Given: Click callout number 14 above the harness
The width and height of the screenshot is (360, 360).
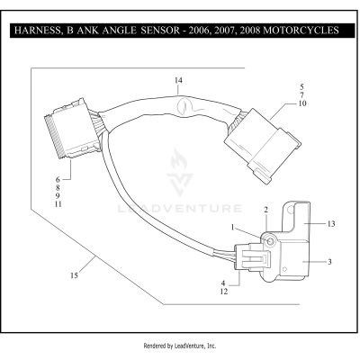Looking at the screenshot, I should (178, 81).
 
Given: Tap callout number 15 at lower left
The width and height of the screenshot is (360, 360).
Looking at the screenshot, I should (73, 275).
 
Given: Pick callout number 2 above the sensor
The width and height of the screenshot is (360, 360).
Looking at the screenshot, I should (266, 210).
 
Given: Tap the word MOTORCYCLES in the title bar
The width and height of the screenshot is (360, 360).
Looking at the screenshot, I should (295, 31).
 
